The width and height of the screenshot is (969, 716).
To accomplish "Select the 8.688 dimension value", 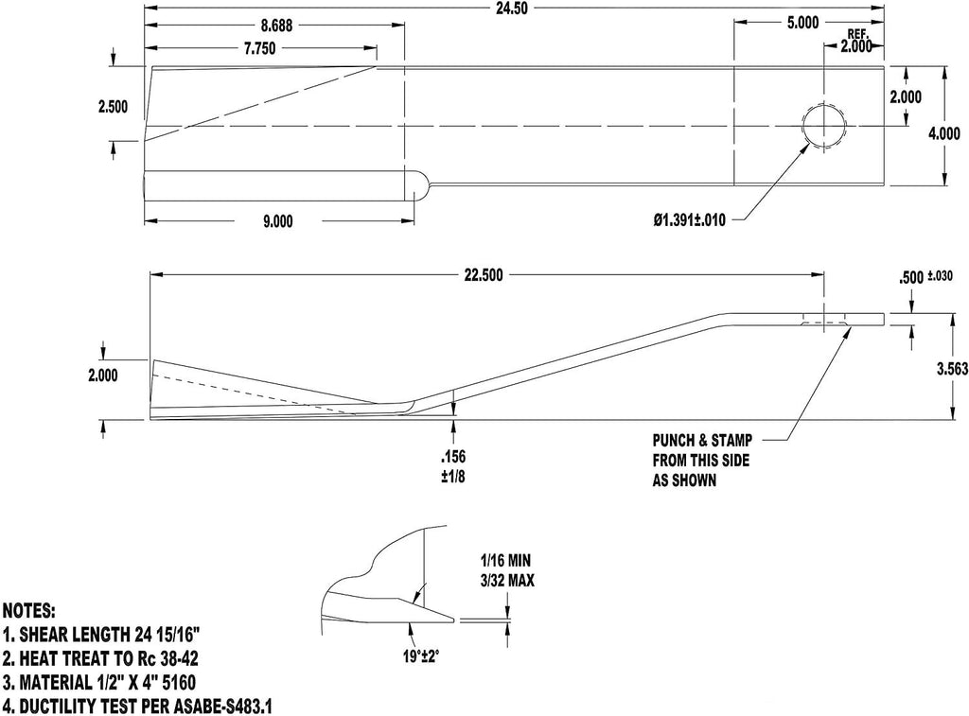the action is pyautogui.click(x=277, y=26).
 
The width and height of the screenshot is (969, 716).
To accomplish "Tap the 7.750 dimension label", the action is pyautogui.click(x=259, y=49).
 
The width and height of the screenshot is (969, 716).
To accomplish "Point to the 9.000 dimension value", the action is pyautogui.click(x=277, y=221).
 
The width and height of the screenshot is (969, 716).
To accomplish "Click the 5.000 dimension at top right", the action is pyautogui.click(x=802, y=23).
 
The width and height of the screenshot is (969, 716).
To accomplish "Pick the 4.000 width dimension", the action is pyautogui.click(x=945, y=133).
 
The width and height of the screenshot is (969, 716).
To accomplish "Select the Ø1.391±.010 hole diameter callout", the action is pyautogui.click(x=690, y=219).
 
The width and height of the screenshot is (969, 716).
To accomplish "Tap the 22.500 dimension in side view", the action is pyautogui.click(x=484, y=275).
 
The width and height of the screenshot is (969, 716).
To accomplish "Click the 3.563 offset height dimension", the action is pyautogui.click(x=952, y=369).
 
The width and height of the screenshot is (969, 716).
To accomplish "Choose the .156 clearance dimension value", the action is pyautogui.click(x=453, y=457).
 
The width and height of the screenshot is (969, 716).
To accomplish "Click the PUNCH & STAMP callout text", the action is pyautogui.click(x=702, y=441).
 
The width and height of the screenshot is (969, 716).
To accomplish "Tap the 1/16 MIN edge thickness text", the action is pyautogui.click(x=505, y=561).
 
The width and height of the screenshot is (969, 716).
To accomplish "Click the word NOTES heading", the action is pyautogui.click(x=29, y=612).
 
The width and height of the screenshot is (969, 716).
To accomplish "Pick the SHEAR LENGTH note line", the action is pyautogui.click(x=102, y=635).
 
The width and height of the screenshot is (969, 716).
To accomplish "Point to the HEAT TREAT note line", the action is pyautogui.click(x=100, y=658).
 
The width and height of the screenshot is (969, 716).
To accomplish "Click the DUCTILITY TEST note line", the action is pyautogui.click(x=137, y=706).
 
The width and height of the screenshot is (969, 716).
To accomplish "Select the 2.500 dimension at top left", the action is pyautogui.click(x=114, y=107).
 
